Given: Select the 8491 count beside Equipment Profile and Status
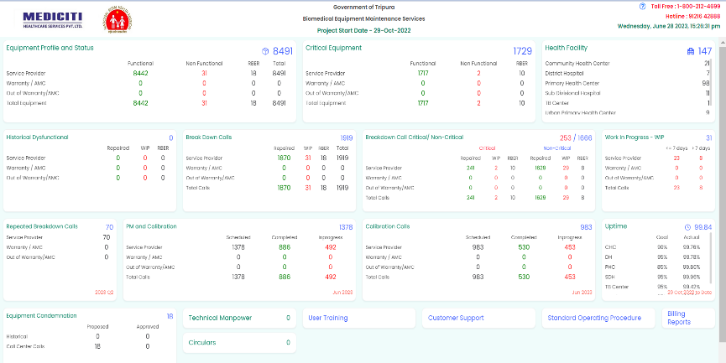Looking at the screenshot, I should (282, 51).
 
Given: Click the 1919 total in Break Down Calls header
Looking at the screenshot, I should (346, 137).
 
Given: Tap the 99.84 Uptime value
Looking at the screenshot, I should (702, 227).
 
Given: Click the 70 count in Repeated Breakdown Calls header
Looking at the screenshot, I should (109, 226).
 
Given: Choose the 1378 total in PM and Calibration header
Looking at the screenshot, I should (346, 227).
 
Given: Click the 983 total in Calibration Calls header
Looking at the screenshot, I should (586, 227).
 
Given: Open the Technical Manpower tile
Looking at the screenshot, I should (239, 318).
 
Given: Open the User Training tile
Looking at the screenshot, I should (358, 318).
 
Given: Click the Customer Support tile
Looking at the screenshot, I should (478, 318).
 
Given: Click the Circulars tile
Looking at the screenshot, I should (239, 342).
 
